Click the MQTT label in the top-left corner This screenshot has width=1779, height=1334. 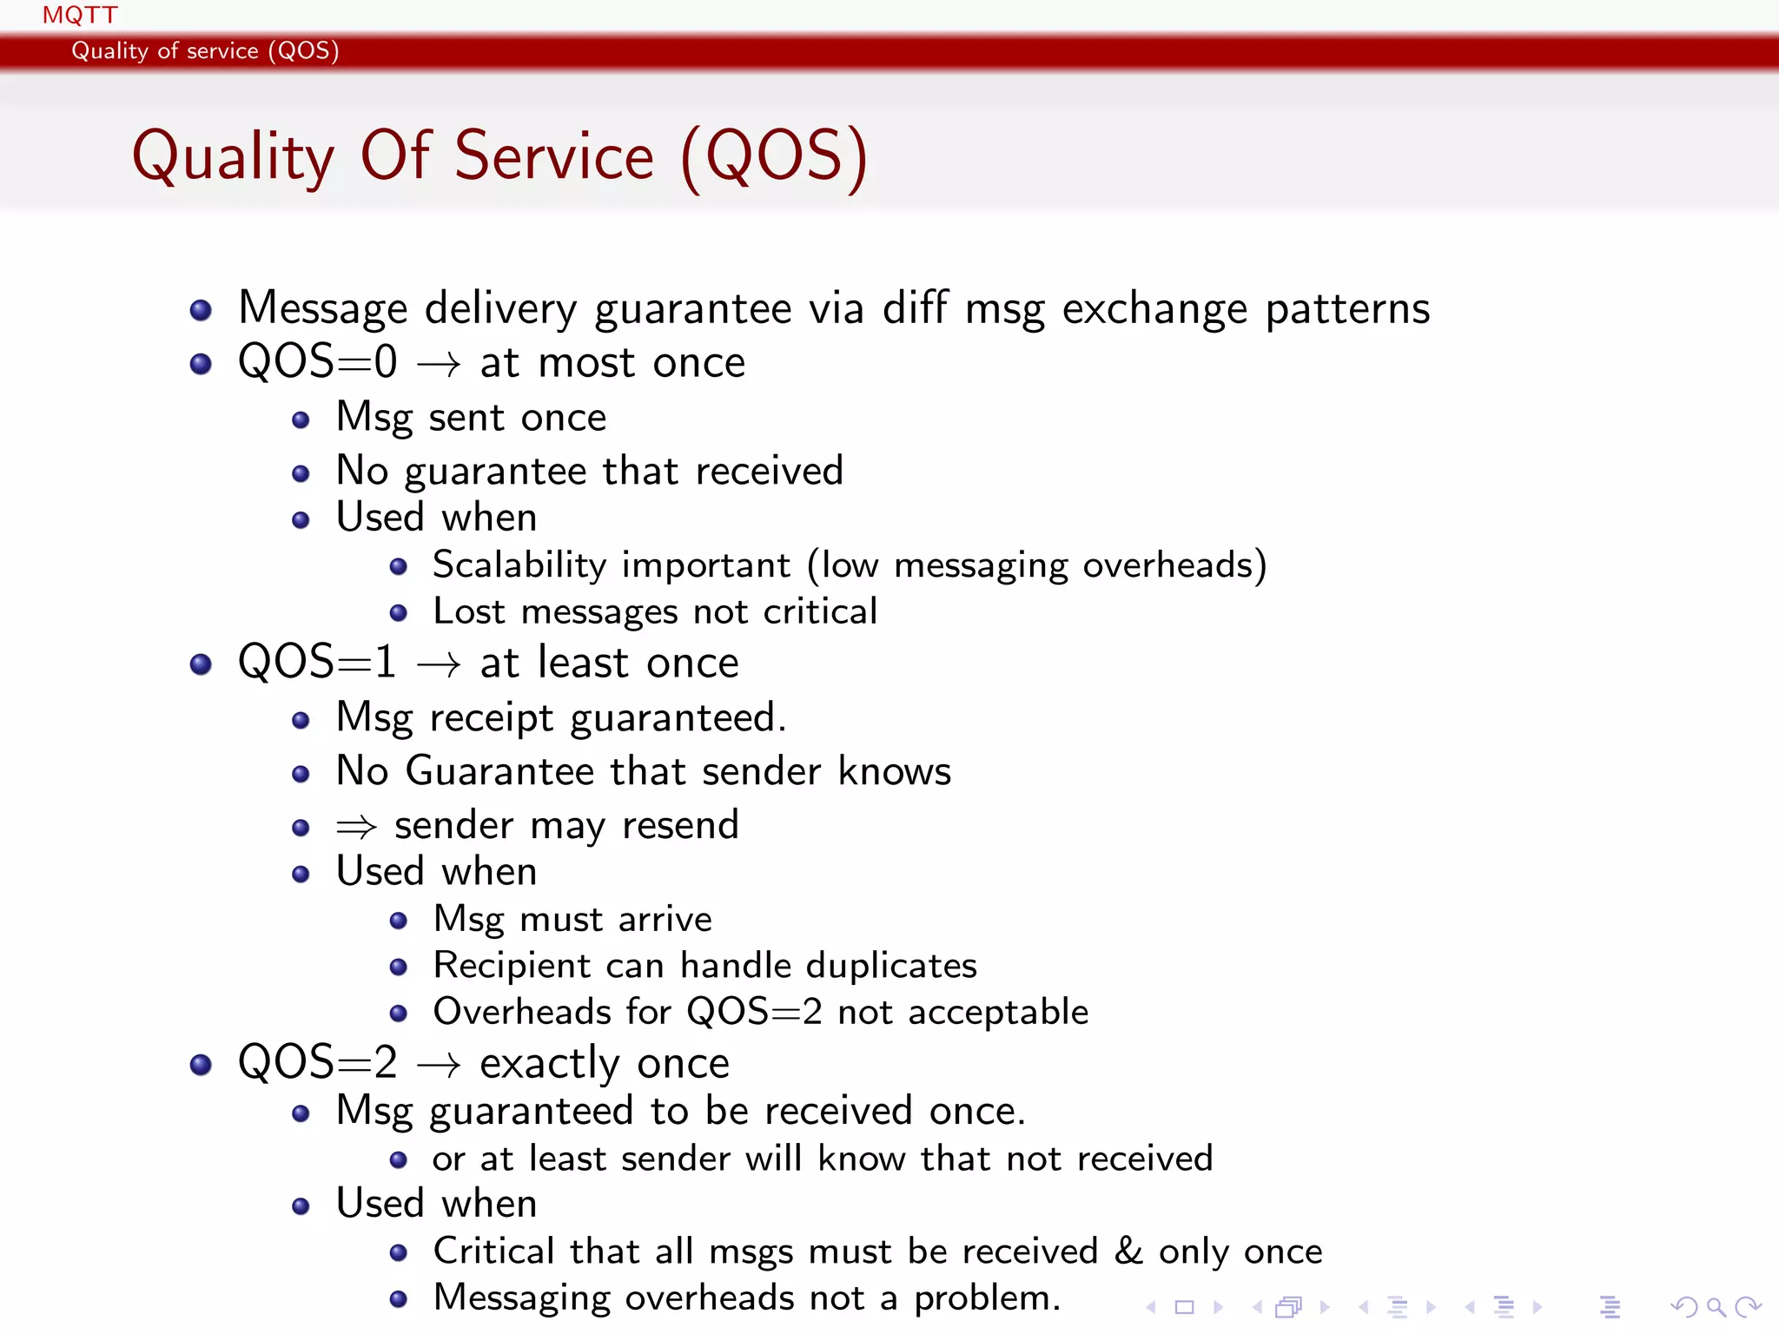pos(80,16)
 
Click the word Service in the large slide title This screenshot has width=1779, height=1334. pos(554,156)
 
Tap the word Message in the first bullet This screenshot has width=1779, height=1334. pos(323,308)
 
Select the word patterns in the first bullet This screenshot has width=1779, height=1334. pos(1347,310)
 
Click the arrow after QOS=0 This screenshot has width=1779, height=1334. pos(439,364)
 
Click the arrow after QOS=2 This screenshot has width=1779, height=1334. pos(439,1065)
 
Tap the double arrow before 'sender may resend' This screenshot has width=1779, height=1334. pos(356,826)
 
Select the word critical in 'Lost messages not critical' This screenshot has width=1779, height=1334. pos(820,611)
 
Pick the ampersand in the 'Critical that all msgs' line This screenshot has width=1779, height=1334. pos(1129,1251)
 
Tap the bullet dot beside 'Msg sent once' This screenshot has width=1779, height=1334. pos(301,420)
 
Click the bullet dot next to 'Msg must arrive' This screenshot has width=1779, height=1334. pos(399,921)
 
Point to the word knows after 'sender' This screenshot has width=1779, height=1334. pos(895,771)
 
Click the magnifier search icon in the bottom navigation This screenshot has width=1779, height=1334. pos(1716,1306)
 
